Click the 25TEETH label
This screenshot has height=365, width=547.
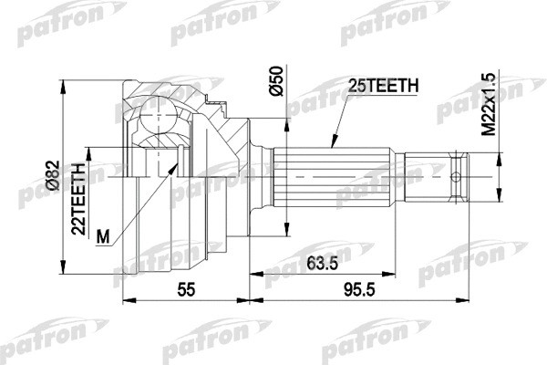coord(382,86)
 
